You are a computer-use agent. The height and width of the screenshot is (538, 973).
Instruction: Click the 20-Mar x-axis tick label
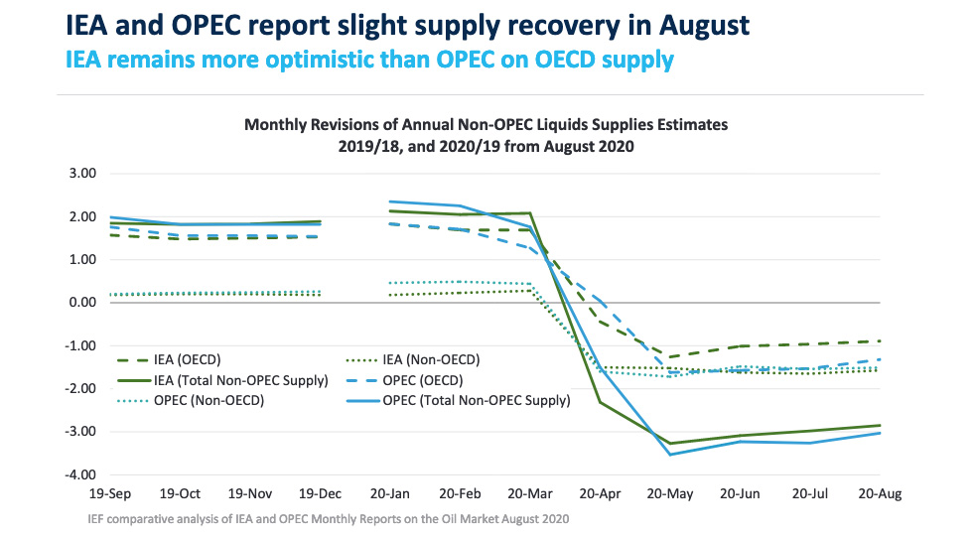[x=530, y=493]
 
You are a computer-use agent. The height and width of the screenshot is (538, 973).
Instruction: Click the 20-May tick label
[x=671, y=493]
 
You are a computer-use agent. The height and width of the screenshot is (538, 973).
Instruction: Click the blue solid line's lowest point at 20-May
[x=671, y=455]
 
